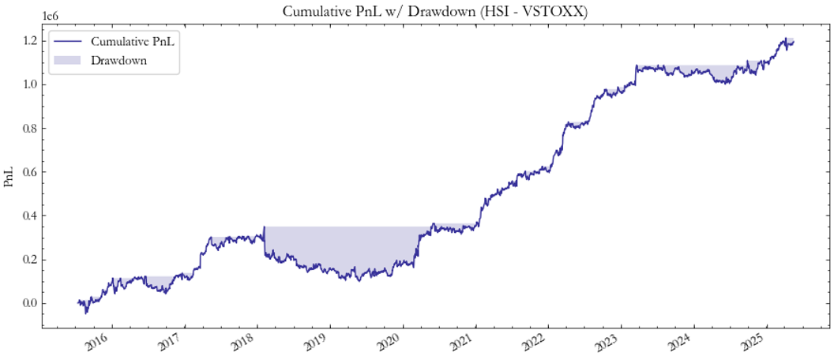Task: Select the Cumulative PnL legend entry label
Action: click(133, 41)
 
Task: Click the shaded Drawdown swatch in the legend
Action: click(69, 60)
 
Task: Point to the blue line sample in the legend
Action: click(69, 41)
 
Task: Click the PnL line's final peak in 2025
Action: click(787, 39)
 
